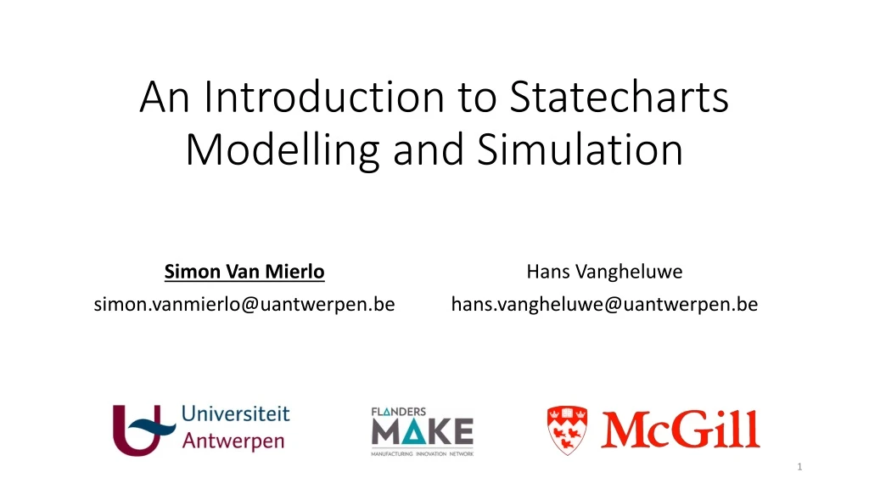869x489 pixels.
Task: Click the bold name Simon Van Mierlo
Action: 244,273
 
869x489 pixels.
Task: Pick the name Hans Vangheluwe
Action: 604,273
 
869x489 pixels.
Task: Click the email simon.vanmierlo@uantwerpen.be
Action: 244,303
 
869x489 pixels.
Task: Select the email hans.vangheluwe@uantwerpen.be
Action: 604,303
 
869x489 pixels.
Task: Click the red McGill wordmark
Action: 681,429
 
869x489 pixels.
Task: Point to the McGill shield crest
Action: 566,429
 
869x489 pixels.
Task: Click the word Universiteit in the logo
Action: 236,416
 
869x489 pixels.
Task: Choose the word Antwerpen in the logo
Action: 233,441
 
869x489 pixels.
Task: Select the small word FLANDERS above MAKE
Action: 398,412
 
